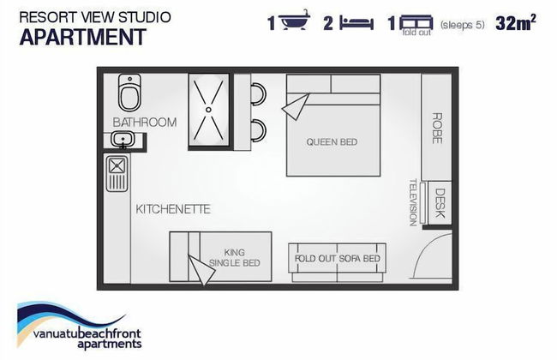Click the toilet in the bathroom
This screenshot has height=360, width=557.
click(x=129, y=93)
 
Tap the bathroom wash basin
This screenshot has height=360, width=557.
click(x=123, y=139)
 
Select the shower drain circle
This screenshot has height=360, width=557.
click(x=208, y=110)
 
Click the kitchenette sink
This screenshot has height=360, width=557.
click(x=117, y=174)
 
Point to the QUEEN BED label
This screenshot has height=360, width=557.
click(x=332, y=142)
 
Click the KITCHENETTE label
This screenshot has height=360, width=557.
click(x=173, y=209)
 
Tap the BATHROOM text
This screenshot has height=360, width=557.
click(x=145, y=123)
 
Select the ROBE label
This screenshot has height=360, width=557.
click(x=437, y=129)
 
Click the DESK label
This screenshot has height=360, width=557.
click(x=440, y=203)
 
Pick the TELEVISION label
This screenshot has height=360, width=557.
click(x=413, y=202)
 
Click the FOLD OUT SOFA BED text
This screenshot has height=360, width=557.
click(x=338, y=258)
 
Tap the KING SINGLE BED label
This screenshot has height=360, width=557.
click(x=235, y=258)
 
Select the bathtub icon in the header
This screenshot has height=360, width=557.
click(x=295, y=20)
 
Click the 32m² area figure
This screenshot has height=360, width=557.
click(x=515, y=23)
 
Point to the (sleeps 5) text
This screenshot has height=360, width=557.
click(x=462, y=25)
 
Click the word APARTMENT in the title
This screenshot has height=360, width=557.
click(x=83, y=37)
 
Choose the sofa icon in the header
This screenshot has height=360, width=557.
click(x=416, y=22)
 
